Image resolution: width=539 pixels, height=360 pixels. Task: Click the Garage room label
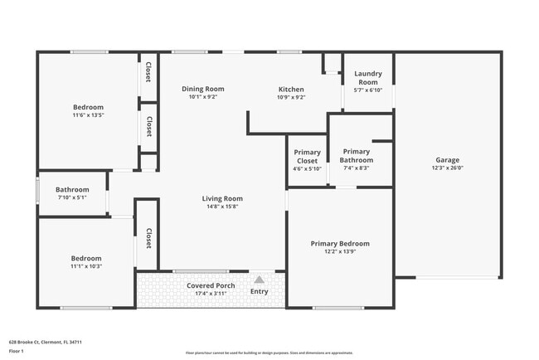coord(447,160)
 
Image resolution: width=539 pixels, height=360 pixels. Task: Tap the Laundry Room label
coord(367,78)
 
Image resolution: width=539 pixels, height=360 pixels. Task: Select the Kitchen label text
coord(291,90)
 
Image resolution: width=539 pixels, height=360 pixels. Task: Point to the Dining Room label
coord(203,89)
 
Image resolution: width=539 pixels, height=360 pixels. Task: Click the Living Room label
coord(222,198)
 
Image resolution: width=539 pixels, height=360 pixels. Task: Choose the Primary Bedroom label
coord(340,243)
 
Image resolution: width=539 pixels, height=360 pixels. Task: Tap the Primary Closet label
coord(307,157)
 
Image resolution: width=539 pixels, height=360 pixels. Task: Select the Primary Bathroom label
coord(356,156)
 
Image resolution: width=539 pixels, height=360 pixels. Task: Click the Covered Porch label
coord(210,285)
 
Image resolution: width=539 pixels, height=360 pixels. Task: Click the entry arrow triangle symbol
coord(259,280)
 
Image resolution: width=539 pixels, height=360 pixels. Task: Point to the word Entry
coord(259,291)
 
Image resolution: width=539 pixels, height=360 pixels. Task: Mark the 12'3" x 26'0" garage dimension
coord(447,168)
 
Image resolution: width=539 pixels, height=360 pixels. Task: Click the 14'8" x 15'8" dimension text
coord(222,207)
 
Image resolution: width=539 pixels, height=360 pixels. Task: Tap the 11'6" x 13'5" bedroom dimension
coord(88,115)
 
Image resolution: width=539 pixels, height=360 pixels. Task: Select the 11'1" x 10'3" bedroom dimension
coord(86,266)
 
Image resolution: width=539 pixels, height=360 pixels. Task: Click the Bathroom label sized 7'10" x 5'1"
coord(72,190)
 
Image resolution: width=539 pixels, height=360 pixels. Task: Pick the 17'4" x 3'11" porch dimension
coord(210,294)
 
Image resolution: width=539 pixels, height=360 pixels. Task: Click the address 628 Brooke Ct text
coord(45,342)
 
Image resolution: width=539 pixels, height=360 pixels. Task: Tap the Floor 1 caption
coord(16,351)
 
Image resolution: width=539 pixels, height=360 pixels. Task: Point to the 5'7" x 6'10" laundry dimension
coord(367,90)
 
